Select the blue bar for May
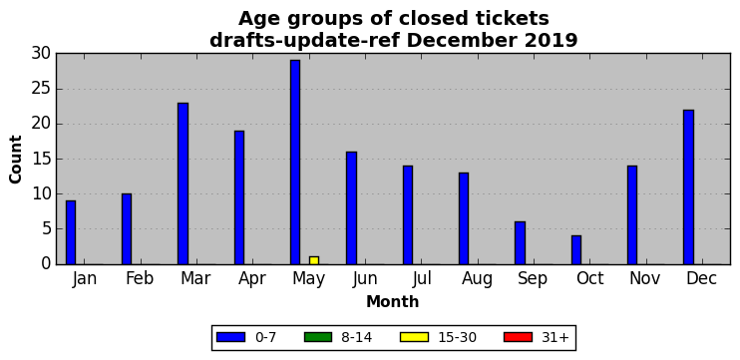(x=295, y=163)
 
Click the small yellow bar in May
(x=314, y=260)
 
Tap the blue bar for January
(x=71, y=232)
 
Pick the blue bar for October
(x=576, y=250)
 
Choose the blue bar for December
(x=688, y=186)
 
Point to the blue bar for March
(x=183, y=183)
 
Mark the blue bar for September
(x=520, y=243)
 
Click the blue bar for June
(x=351, y=208)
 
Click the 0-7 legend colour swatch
(x=230, y=337)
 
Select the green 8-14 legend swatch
(x=318, y=337)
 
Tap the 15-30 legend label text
(x=457, y=337)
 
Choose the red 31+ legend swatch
(x=519, y=337)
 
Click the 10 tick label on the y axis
(x=42, y=193)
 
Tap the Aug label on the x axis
(x=477, y=279)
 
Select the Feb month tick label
(x=140, y=278)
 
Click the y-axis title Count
(x=16, y=159)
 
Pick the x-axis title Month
(x=393, y=301)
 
